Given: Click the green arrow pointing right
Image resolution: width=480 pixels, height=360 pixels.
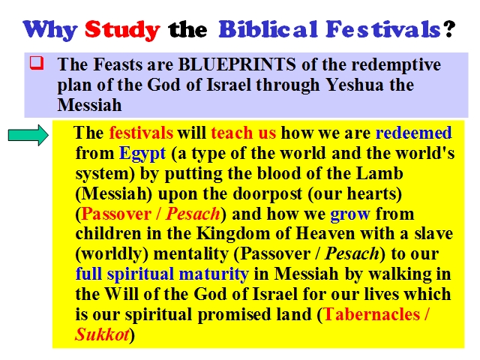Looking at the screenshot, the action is [x=28, y=135].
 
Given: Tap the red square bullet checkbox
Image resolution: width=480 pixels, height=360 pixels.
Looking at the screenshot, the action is [x=37, y=63].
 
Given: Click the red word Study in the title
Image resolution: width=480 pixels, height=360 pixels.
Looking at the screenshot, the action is [x=122, y=31].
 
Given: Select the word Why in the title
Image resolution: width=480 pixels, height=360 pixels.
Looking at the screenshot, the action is [x=49, y=31].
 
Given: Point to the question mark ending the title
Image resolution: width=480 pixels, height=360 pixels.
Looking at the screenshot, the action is [x=449, y=28].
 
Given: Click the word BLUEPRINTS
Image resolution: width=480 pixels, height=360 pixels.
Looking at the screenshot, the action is [x=237, y=64].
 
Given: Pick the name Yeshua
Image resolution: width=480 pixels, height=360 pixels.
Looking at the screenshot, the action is [x=355, y=85].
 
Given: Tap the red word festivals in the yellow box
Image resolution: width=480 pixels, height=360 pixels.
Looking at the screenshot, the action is [x=141, y=133].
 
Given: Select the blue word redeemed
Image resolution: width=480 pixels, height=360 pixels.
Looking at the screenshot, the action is [x=413, y=133].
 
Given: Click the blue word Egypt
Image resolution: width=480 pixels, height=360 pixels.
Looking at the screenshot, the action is [x=142, y=154].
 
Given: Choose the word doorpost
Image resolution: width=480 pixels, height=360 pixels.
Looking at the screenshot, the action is [x=268, y=194].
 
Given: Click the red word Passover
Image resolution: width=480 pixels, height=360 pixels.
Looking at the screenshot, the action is [x=116, y=214].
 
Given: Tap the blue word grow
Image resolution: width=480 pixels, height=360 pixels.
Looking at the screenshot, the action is [x=350, y=214].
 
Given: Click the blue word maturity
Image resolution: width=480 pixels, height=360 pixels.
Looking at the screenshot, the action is [x=214, y=274].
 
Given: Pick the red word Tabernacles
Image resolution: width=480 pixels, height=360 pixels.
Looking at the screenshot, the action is [x=372, y=314].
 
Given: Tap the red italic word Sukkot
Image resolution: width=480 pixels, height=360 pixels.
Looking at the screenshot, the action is [x=102, y=334].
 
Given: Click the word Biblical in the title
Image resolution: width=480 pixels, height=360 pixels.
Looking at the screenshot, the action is [x=268, y=30].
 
